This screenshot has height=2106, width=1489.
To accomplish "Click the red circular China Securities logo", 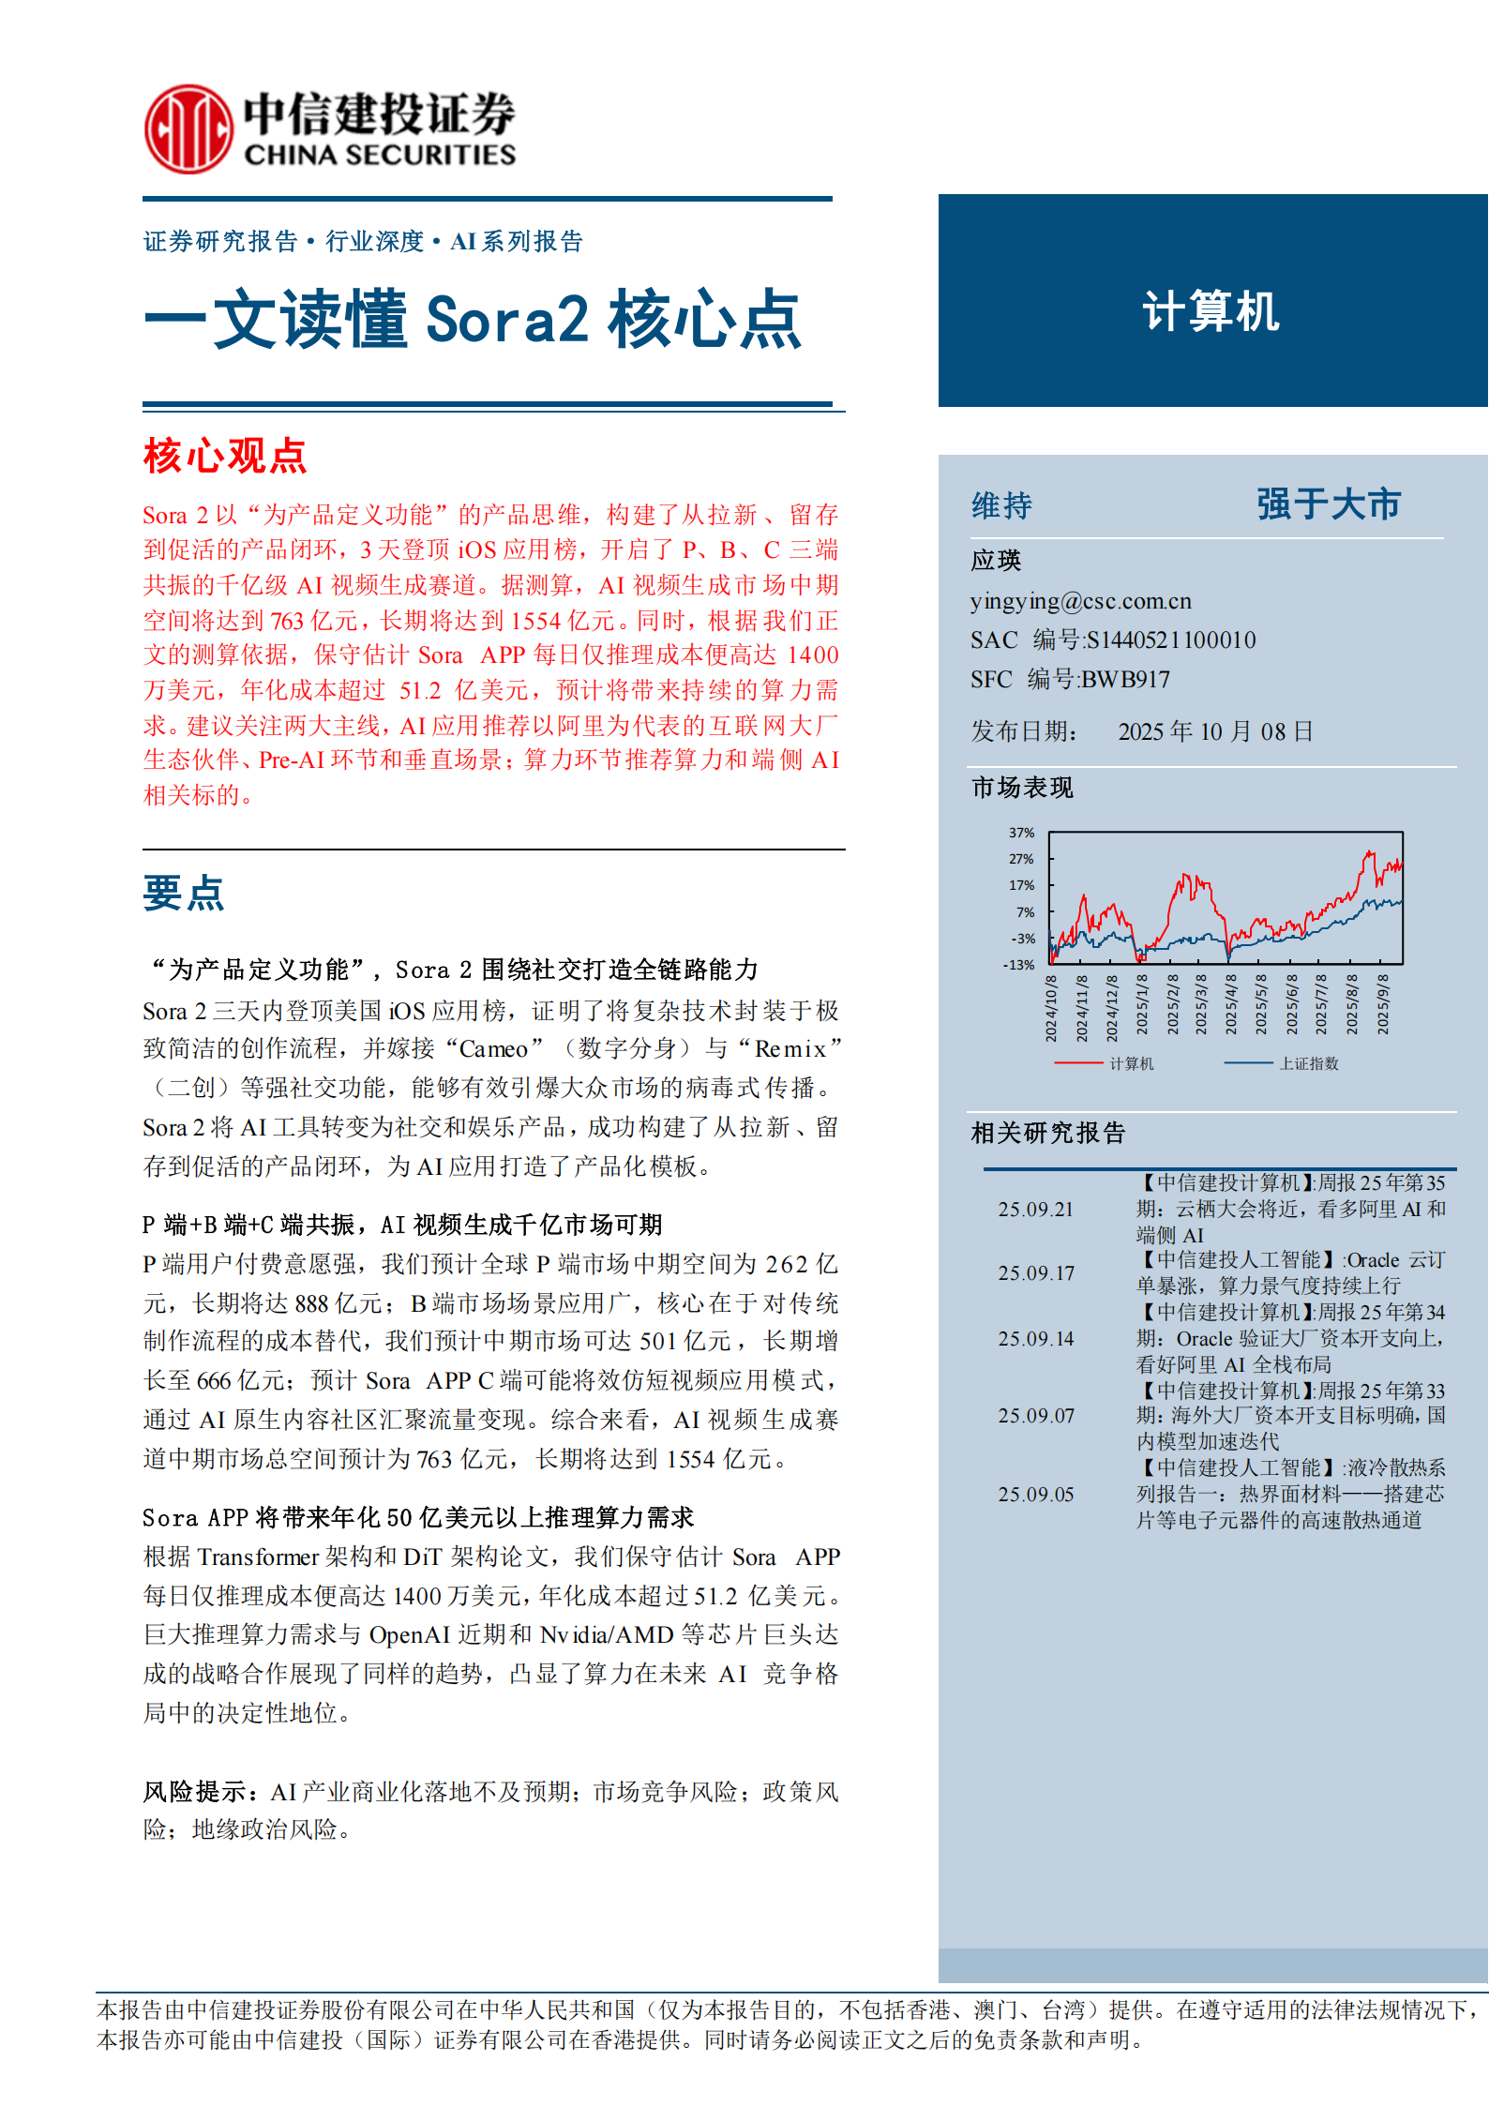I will [188, 129].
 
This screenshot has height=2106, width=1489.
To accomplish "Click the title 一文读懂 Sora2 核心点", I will [473, 320].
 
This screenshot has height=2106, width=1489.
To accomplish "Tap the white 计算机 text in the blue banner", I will [1211, 311].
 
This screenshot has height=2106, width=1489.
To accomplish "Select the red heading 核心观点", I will [225, 457].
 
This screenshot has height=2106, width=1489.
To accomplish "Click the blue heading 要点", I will [184, 893].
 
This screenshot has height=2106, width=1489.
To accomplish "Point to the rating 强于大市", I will [1328, 504].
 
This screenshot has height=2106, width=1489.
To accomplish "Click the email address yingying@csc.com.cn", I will [1080, 601].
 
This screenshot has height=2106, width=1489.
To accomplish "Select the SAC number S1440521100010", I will [1170, 640].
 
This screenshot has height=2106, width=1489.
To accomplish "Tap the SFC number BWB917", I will [1125, 679].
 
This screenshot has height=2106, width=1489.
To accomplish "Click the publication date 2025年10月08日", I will [1215, 731].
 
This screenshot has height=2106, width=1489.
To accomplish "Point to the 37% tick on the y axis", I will [1021, 833].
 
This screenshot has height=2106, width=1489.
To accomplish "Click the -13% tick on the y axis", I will [1019, 965].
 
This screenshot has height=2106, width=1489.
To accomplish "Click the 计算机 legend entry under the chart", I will [1131, 1063].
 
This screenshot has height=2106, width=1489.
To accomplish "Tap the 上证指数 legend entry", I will [1309, 1063].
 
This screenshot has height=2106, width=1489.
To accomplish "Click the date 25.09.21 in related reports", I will [1035, 1210].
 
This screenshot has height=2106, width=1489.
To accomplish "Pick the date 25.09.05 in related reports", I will [1035, 1495].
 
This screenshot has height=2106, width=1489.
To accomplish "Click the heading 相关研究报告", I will [1047, 1134].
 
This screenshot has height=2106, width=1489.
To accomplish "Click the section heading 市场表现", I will [1022, 788].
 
